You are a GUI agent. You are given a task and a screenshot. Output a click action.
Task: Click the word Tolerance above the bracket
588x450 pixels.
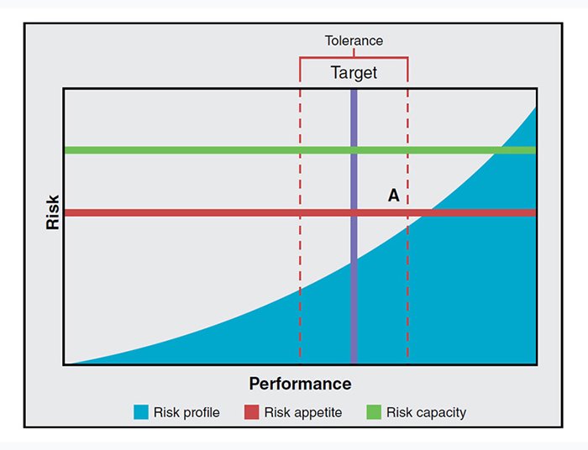pos(354,40)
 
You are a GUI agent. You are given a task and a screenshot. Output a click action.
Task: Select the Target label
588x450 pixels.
pos(354,73)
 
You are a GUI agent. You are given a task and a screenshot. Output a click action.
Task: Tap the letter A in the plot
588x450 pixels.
pos(393,196)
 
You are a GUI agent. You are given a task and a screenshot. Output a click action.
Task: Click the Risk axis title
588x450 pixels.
pos(53,213)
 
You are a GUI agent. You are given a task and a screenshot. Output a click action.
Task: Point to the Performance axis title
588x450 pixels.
pos(300,384)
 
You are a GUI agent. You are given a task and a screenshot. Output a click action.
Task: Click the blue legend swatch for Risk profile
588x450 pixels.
pos(141,412)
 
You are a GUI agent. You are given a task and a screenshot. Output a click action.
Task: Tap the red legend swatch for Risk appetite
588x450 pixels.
pos(251,412)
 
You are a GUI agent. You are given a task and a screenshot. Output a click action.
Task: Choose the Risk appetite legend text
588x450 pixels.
pos(303,412)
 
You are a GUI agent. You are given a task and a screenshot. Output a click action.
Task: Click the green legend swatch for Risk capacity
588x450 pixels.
pos(374,412)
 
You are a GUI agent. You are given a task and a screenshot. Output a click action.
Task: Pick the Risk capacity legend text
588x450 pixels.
pos(426,412)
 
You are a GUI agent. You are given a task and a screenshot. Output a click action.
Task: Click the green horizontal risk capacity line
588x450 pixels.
pos(210,150)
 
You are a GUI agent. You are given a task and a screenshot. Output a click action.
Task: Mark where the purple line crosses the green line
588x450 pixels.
pos(354,150)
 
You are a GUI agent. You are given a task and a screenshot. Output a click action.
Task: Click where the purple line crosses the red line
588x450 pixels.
pos(354,212)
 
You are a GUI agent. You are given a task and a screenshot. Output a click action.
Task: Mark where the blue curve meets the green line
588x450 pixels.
pos(501,150)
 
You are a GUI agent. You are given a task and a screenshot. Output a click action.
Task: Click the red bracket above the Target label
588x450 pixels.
pos(354,57)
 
